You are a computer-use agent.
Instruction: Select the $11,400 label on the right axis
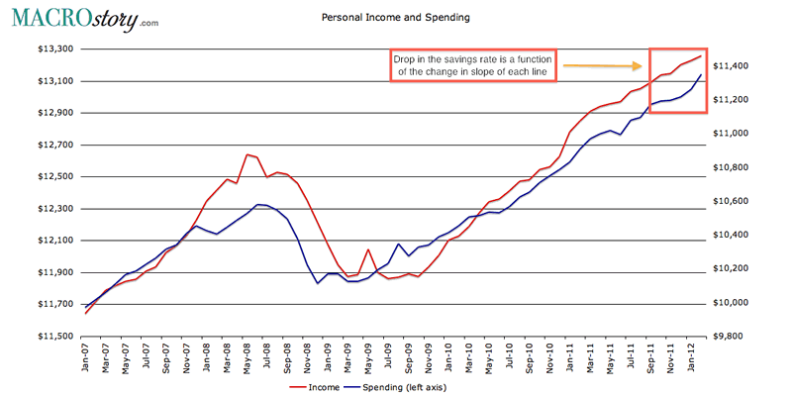(x=738, y=66)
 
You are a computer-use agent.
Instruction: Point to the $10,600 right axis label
(x=738, y=201)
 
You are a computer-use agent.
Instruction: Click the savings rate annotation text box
(x=471, y=66)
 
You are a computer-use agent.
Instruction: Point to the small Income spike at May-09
(x=368, y=250)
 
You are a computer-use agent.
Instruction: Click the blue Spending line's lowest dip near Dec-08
(x=318, y=283)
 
